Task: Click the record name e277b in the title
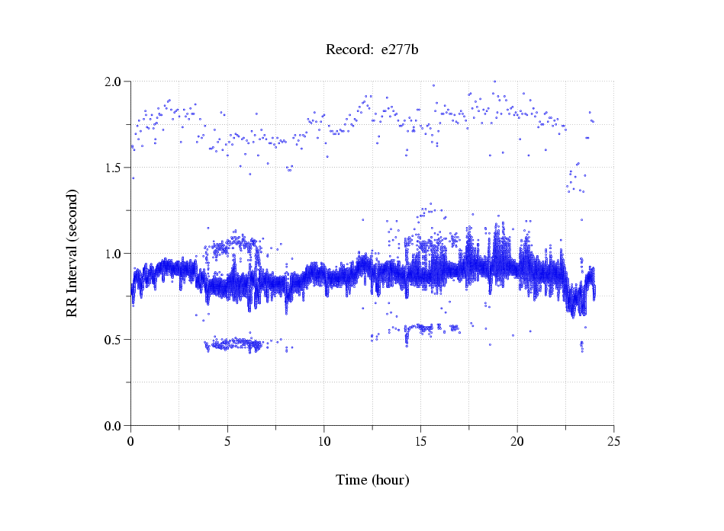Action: point(400,50)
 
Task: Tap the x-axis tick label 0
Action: point(131,440)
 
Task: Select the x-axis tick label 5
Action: point(227,440)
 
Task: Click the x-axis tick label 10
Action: point(324,440)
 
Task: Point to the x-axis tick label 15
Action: point(420,440)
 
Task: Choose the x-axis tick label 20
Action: point(517,440)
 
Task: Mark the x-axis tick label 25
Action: point(613,440)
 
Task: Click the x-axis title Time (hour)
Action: point(372,480)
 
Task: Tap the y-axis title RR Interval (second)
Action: point(72,253)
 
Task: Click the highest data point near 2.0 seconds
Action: point(494,82)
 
